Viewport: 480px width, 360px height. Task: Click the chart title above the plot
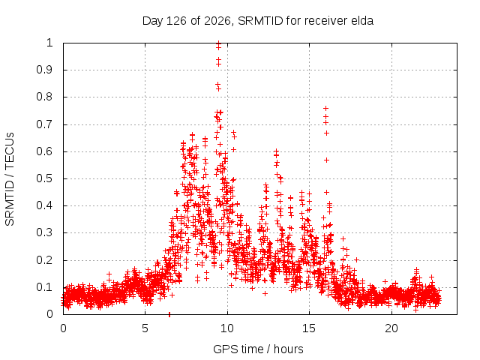point(258,21)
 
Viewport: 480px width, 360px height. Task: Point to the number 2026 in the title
point(217,21)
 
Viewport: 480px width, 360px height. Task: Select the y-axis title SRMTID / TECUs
point(10,179)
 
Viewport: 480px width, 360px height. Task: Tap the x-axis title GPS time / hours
point(258,349)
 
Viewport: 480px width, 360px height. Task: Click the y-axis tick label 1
point(49,43)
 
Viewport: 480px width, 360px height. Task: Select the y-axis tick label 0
point(50,314)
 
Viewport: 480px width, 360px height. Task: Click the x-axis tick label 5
point(145,328)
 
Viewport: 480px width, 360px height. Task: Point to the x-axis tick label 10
point(227,328)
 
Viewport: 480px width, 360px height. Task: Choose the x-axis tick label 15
point(309,328)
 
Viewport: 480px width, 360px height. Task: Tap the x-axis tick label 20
point(391,328)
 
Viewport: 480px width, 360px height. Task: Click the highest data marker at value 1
point(218,43)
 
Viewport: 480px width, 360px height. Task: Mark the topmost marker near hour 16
point(326,108)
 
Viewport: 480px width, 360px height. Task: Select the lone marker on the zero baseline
point(169,314)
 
